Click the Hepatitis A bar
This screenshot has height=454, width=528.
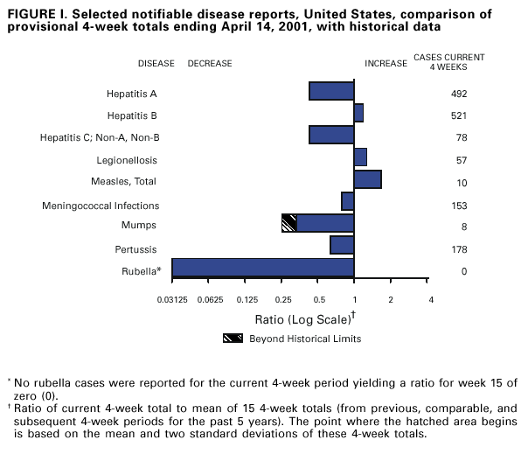tap(331, 91)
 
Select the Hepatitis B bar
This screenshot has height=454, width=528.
tap(358, 113)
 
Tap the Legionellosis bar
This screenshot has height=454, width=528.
tap(360, 157)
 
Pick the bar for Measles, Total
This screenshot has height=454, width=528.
tap(367, 179)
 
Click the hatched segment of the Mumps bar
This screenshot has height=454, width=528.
tap(288, 223)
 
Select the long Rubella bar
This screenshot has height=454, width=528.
tap(262, 268)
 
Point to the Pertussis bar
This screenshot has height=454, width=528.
tap(342, 245)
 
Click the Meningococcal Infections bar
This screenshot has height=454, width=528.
tap(347, 201)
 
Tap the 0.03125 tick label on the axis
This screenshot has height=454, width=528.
tap(171, 301)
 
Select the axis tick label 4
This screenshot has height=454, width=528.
tap(430, 301)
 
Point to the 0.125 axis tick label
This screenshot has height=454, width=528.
tap(247, 301)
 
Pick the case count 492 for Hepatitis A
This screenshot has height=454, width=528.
tap(459, 94)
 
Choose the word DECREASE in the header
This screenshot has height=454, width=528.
tap(210, 64)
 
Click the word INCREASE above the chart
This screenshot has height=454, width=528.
tap(386, 64)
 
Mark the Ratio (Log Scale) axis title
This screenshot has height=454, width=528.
tap(302, 318)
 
